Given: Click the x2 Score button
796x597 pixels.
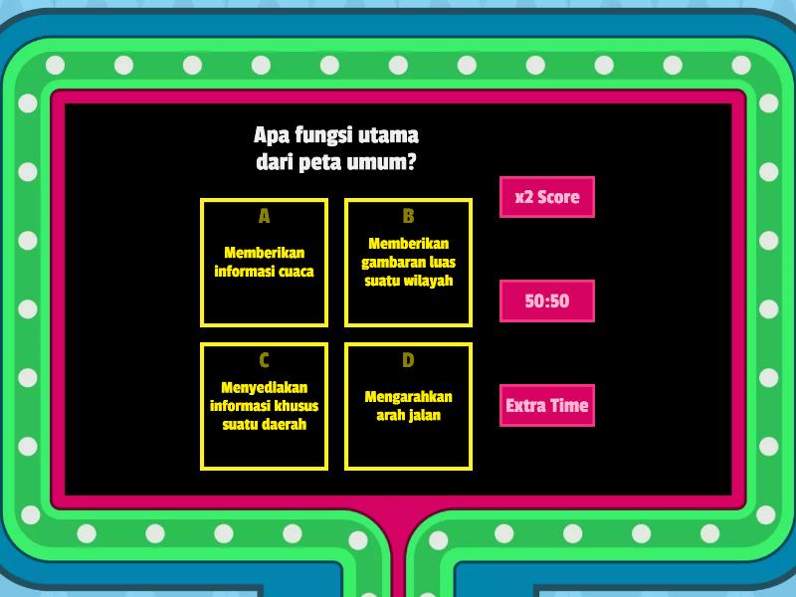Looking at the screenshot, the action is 546,197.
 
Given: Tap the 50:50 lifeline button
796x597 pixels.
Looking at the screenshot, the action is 546,300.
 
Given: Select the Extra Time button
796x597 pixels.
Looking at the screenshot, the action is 546,405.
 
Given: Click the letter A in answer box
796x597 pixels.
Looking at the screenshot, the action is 264,216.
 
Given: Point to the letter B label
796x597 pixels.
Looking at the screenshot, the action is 408,216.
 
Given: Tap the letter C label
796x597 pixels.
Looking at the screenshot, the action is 264,360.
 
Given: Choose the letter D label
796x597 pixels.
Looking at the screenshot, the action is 408,360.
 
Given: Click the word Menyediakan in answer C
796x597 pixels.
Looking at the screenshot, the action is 265,388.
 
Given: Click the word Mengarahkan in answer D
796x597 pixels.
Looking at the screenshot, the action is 409,397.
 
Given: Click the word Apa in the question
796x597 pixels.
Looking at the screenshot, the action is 272,135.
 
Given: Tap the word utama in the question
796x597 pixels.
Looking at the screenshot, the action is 388,135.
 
